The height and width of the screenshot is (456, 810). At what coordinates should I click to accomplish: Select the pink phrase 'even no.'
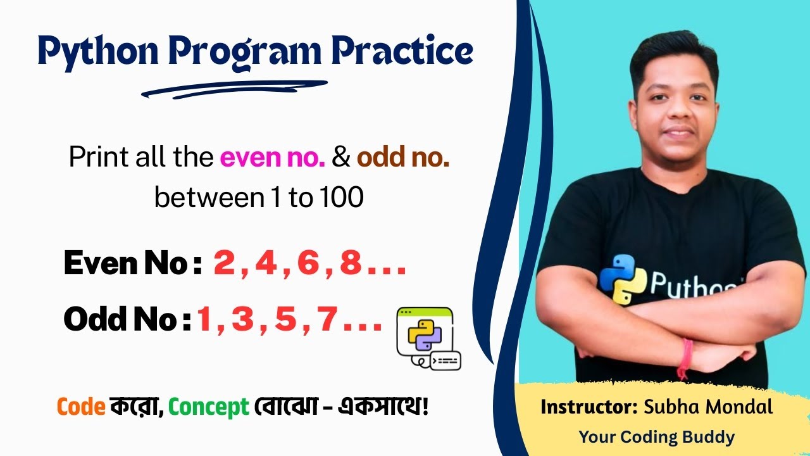[273, 158]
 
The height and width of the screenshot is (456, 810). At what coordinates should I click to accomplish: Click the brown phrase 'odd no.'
[403, 158]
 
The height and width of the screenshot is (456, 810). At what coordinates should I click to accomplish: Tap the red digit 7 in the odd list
[328, 320]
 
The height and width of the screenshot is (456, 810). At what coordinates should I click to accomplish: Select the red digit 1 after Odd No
[204, 320]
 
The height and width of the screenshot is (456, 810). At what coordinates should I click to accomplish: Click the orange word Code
[80, 407]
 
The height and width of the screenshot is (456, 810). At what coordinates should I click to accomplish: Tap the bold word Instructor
[589, 407]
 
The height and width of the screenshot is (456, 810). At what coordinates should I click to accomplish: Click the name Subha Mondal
[708, 407]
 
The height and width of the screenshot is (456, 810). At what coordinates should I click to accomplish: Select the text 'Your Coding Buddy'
[657, 437]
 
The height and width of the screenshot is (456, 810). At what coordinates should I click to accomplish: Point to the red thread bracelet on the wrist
[685, 358]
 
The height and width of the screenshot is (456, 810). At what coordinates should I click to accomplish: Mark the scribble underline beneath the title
[234, 89]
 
